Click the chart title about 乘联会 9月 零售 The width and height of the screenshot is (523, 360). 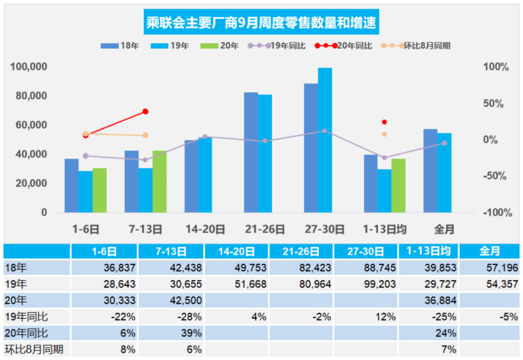(x=261, y=22)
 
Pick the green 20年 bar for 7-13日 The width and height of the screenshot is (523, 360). (x=159, y=182)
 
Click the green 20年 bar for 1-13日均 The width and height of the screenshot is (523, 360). (x=398, y=186)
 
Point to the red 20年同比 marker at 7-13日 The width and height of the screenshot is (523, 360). (x=145, y=111)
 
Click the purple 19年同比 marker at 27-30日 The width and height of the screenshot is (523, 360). (x=324, y=131)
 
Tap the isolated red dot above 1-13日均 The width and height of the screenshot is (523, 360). (x=385, y=122)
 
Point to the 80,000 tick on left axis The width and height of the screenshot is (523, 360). (x=29, y=96)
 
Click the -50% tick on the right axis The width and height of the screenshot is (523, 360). (x=495, y=176)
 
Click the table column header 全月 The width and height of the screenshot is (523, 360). (x=490, y=251)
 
